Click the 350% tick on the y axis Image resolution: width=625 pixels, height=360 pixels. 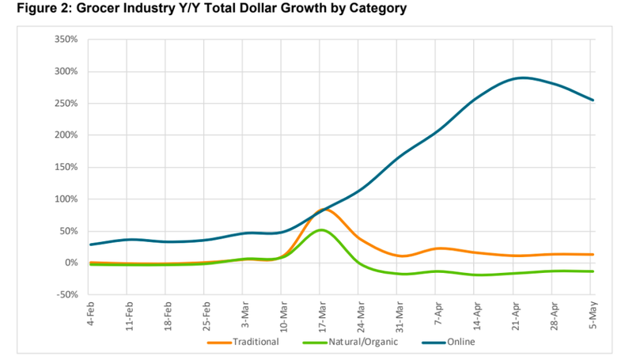pyautogui.click(x=66, y=39)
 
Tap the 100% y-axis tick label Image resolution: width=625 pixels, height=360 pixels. pyautogui.click(x=66, y=199)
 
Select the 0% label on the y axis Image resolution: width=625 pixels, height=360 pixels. pyautogui.click(x=71, y=263)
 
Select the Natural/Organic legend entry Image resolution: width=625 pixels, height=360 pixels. pyautogui.click(x=352, y=342)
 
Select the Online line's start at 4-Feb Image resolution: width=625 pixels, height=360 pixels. pyautogui.click(x=91, y=244)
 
